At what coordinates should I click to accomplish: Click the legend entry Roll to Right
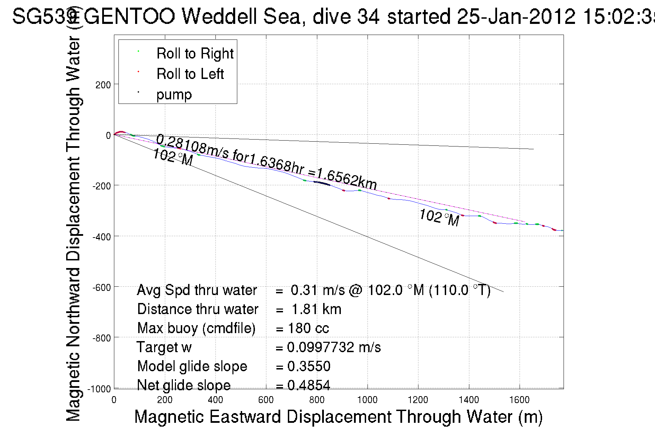(x=195, y=54)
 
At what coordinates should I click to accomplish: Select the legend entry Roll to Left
(x=190, y=74)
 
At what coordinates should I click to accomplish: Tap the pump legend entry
(x=174, y=95)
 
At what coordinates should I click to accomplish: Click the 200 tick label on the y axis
(x=103, y=85)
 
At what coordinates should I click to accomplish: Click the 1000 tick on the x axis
(x=367, y=400)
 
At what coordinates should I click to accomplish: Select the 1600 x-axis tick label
(x=519, y=400)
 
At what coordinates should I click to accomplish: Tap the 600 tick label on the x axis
(x=266, y=400)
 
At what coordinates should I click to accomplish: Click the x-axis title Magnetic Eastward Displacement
(x=338, y=417)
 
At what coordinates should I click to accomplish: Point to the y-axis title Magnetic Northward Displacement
(x=73, y=229)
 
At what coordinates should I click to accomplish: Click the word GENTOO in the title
(x=129, y=17)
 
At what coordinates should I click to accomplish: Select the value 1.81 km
(x=316, y=309)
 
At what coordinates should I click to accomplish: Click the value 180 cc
(x=308, y=328)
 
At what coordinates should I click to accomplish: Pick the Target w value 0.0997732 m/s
(x=334, y=347)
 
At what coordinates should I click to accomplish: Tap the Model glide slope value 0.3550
(x=309, y=366)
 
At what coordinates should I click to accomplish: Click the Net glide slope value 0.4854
(x=309, y=385)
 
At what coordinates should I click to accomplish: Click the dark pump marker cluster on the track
(x=322, y=183)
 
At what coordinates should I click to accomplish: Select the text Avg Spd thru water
(x=197, y=290)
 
